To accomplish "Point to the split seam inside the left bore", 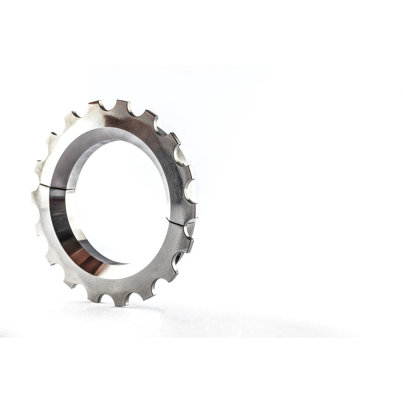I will coord(62,188).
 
